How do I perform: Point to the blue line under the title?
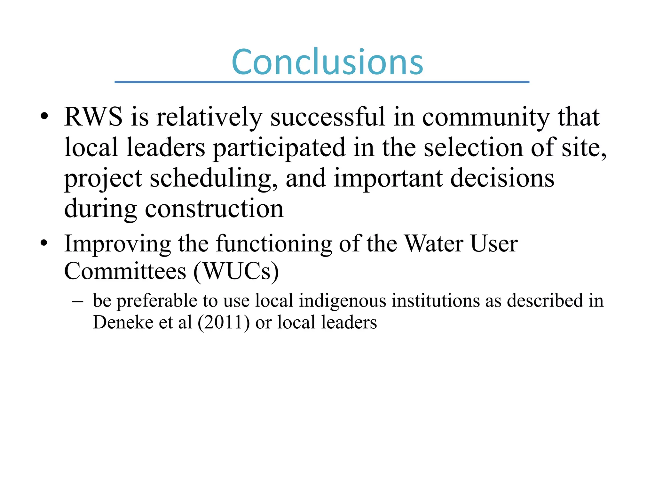click(322, 82)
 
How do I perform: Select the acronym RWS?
click(93, 117)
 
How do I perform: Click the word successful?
click(328, 117)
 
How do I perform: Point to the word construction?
click(214, 209)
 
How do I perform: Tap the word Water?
click(434, 244)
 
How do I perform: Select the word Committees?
click(125, 271)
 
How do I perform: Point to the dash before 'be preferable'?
click(78, 301)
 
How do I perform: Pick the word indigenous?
click(343, 301)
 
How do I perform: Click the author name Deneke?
click(122, 322)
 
